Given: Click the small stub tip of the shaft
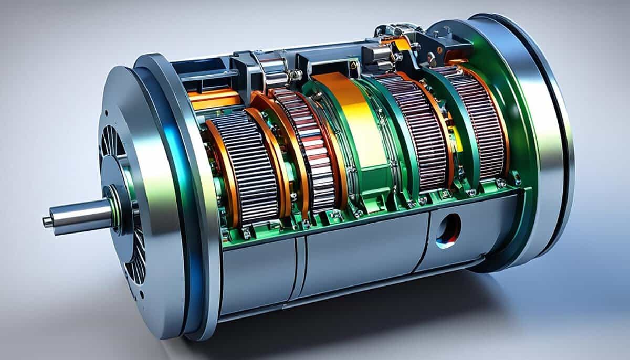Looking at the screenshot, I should click(x=47, y=222).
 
